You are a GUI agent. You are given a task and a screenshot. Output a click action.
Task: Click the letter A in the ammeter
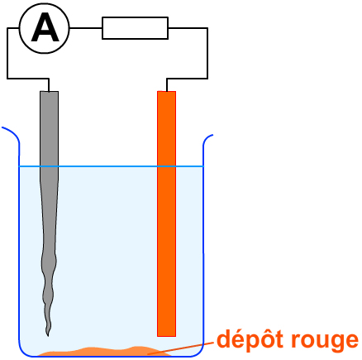point(45,28)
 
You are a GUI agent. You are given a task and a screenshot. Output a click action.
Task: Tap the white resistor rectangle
point(135,28)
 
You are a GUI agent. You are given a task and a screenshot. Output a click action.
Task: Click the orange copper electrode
point(166,214)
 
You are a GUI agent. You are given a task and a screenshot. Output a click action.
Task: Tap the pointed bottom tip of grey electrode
point(48,336)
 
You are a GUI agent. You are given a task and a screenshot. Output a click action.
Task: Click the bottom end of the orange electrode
point(166,336)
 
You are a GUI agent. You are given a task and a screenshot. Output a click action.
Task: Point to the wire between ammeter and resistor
point(86,28)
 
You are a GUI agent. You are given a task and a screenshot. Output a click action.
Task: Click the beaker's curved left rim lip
point(11,134)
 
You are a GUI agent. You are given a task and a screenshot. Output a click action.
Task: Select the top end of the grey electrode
point(49,92)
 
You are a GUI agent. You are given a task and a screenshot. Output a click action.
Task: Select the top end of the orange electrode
point(166,92)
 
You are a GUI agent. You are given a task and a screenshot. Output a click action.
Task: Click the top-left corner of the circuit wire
point(7,28)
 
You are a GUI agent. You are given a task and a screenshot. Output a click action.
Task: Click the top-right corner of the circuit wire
point(207,28)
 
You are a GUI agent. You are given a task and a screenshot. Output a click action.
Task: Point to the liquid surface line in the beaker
point(111,166)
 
